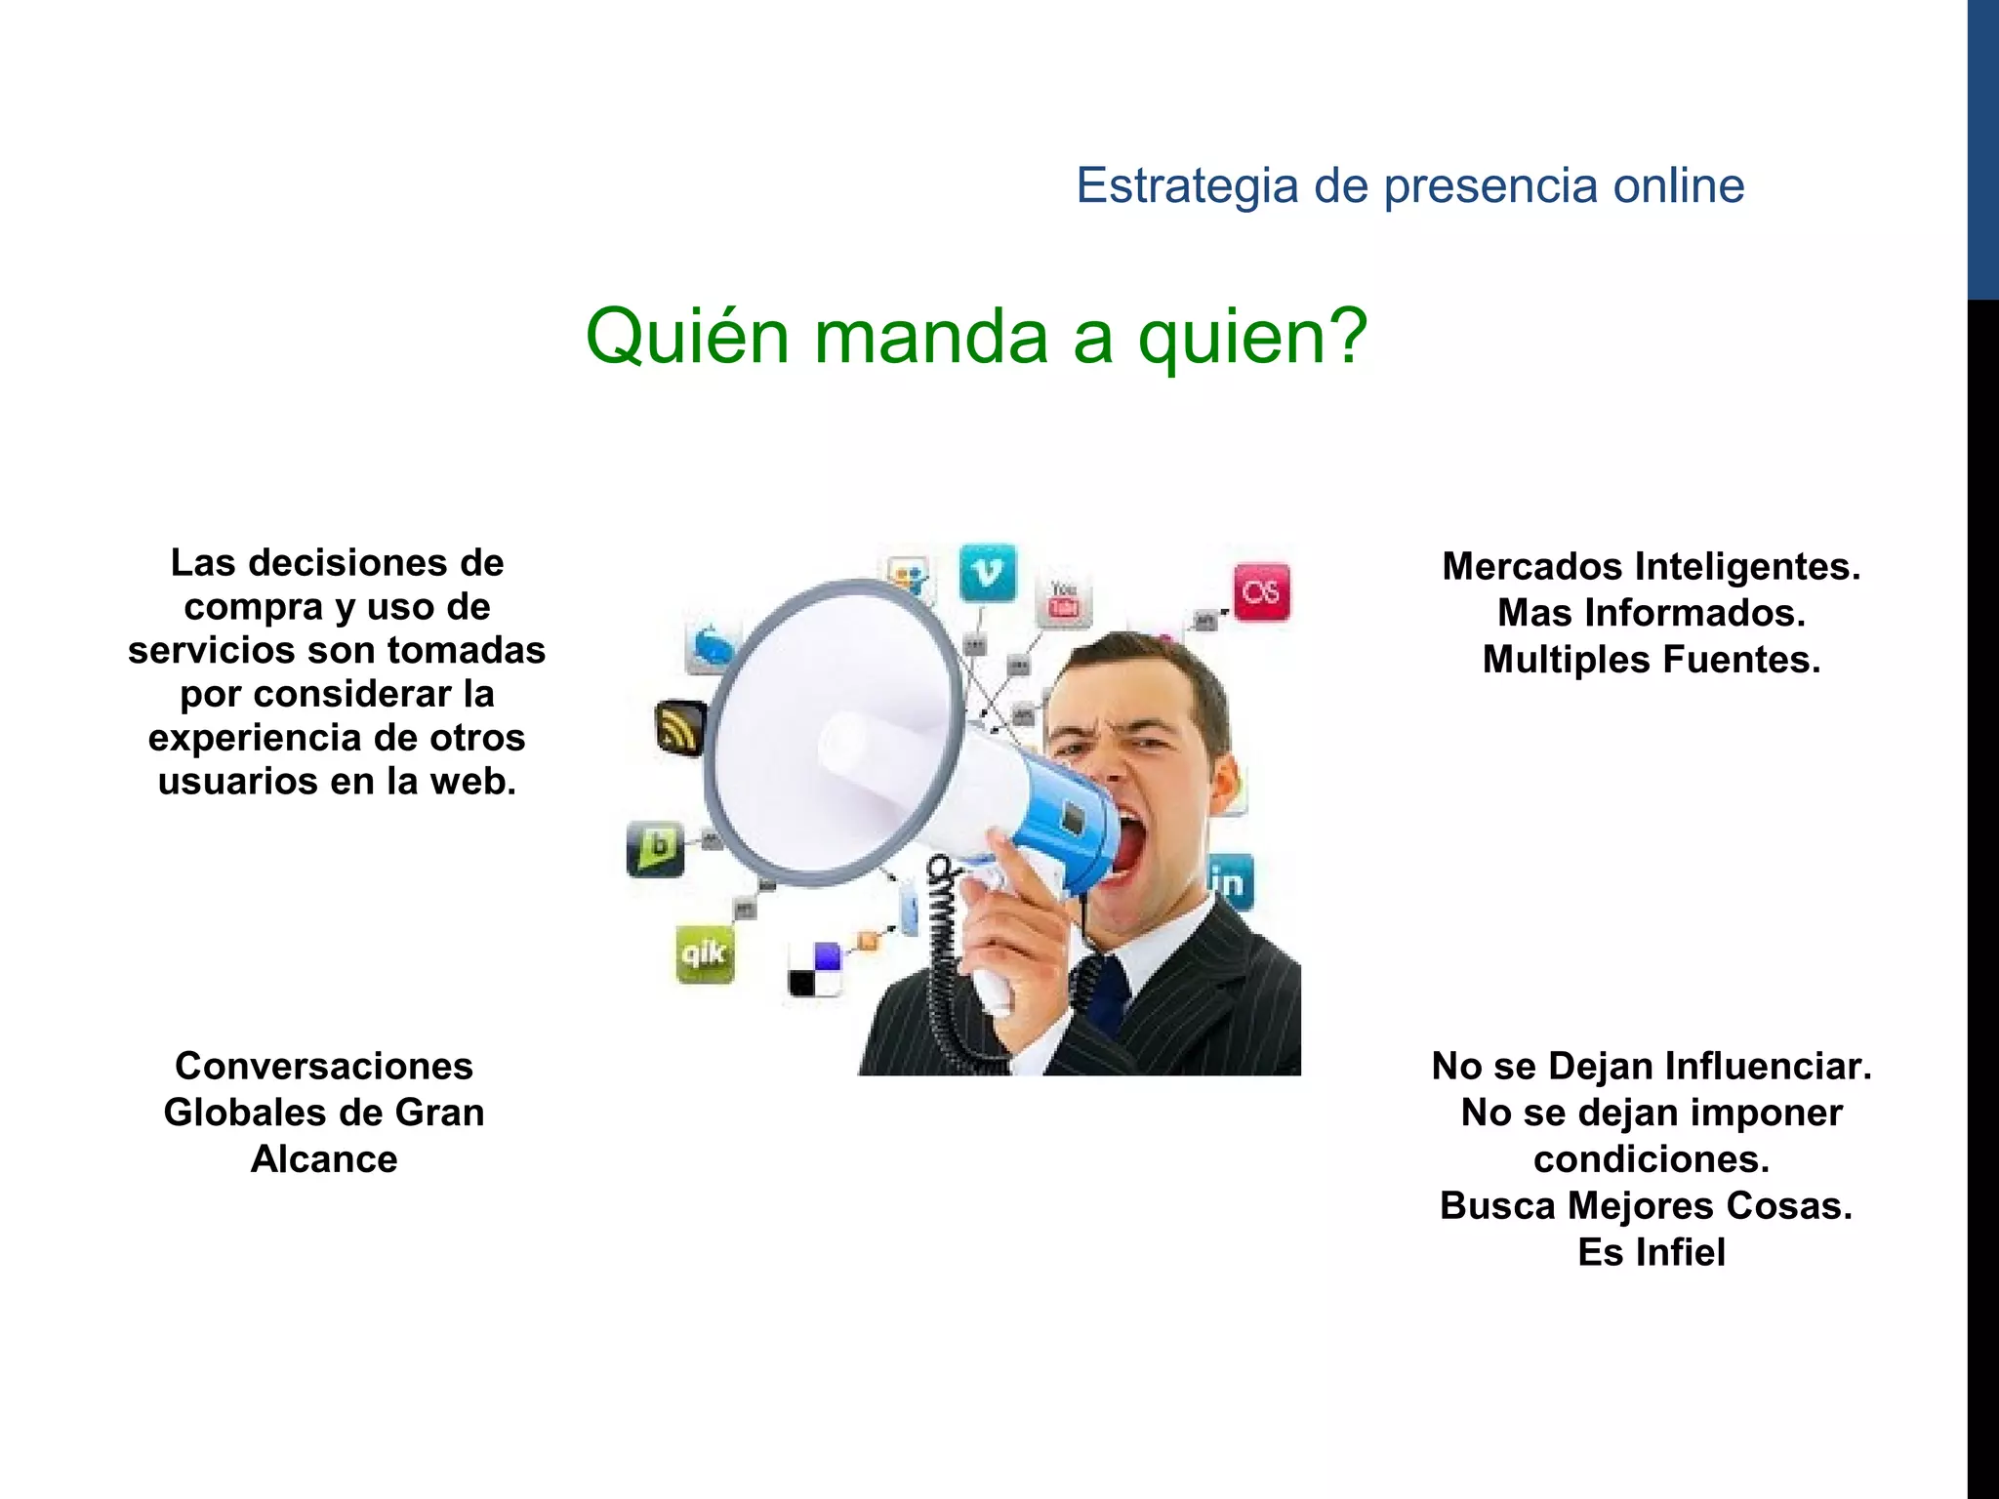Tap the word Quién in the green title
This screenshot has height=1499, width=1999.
(686, 337)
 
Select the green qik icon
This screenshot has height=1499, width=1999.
(705, 952)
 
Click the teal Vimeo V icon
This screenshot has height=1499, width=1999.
(988, 573)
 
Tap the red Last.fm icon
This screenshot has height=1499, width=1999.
(1261, 592)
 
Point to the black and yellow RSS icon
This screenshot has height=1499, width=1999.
(679, 728)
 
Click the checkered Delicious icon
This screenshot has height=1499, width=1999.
(815, 970)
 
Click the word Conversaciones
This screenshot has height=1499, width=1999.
(324, 1067)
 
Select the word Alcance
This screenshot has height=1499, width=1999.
(324, 1159)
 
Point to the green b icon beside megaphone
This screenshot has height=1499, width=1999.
(655, 847)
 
